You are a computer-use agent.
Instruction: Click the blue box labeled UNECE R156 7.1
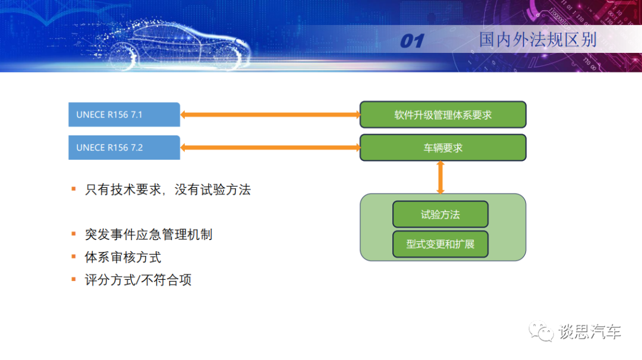pyautogui.click(x=124, y=115)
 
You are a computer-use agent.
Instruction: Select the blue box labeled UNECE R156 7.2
pyautogui.click(x=124, y=147)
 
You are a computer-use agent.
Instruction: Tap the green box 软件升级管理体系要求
pyautogui.click(x=443, y=115)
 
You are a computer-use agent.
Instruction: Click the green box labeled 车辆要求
pyautogui.click(x=443, y=147)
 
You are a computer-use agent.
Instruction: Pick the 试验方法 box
pyautogui.click(x=440, y=214)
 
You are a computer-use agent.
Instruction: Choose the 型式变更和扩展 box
pyautogui.click(x=440, y=244)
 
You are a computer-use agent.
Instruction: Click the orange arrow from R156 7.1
pyautogui.click(x=270, y=115)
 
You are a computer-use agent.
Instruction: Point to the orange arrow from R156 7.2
pyautogui.click(x=270, y=147)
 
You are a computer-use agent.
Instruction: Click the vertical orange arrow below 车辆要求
pyautogui.click(x=440, y=177)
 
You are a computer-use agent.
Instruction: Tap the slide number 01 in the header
pyautogui.click(x=411, y=41)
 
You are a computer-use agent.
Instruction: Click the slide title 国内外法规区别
pyautogui.click(x=538, y=40)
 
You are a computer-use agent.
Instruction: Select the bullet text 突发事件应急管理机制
pyautogui.click(x=149, y=234)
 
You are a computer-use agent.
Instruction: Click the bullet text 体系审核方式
pyautogui.click(x=123, y=257)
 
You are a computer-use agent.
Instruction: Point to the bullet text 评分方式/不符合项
pyautogui.click(x=138, y=280)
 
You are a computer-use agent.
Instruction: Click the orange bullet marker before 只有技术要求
pyautogui.click(x=74, y=189)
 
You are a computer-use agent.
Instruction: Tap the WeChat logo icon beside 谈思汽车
pyautogui.click(x=541, y=331)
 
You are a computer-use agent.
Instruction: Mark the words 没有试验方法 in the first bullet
pyautogui.click(x=213, y=190)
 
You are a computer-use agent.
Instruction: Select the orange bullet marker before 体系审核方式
pyautogui.click(x=74, y=257)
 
